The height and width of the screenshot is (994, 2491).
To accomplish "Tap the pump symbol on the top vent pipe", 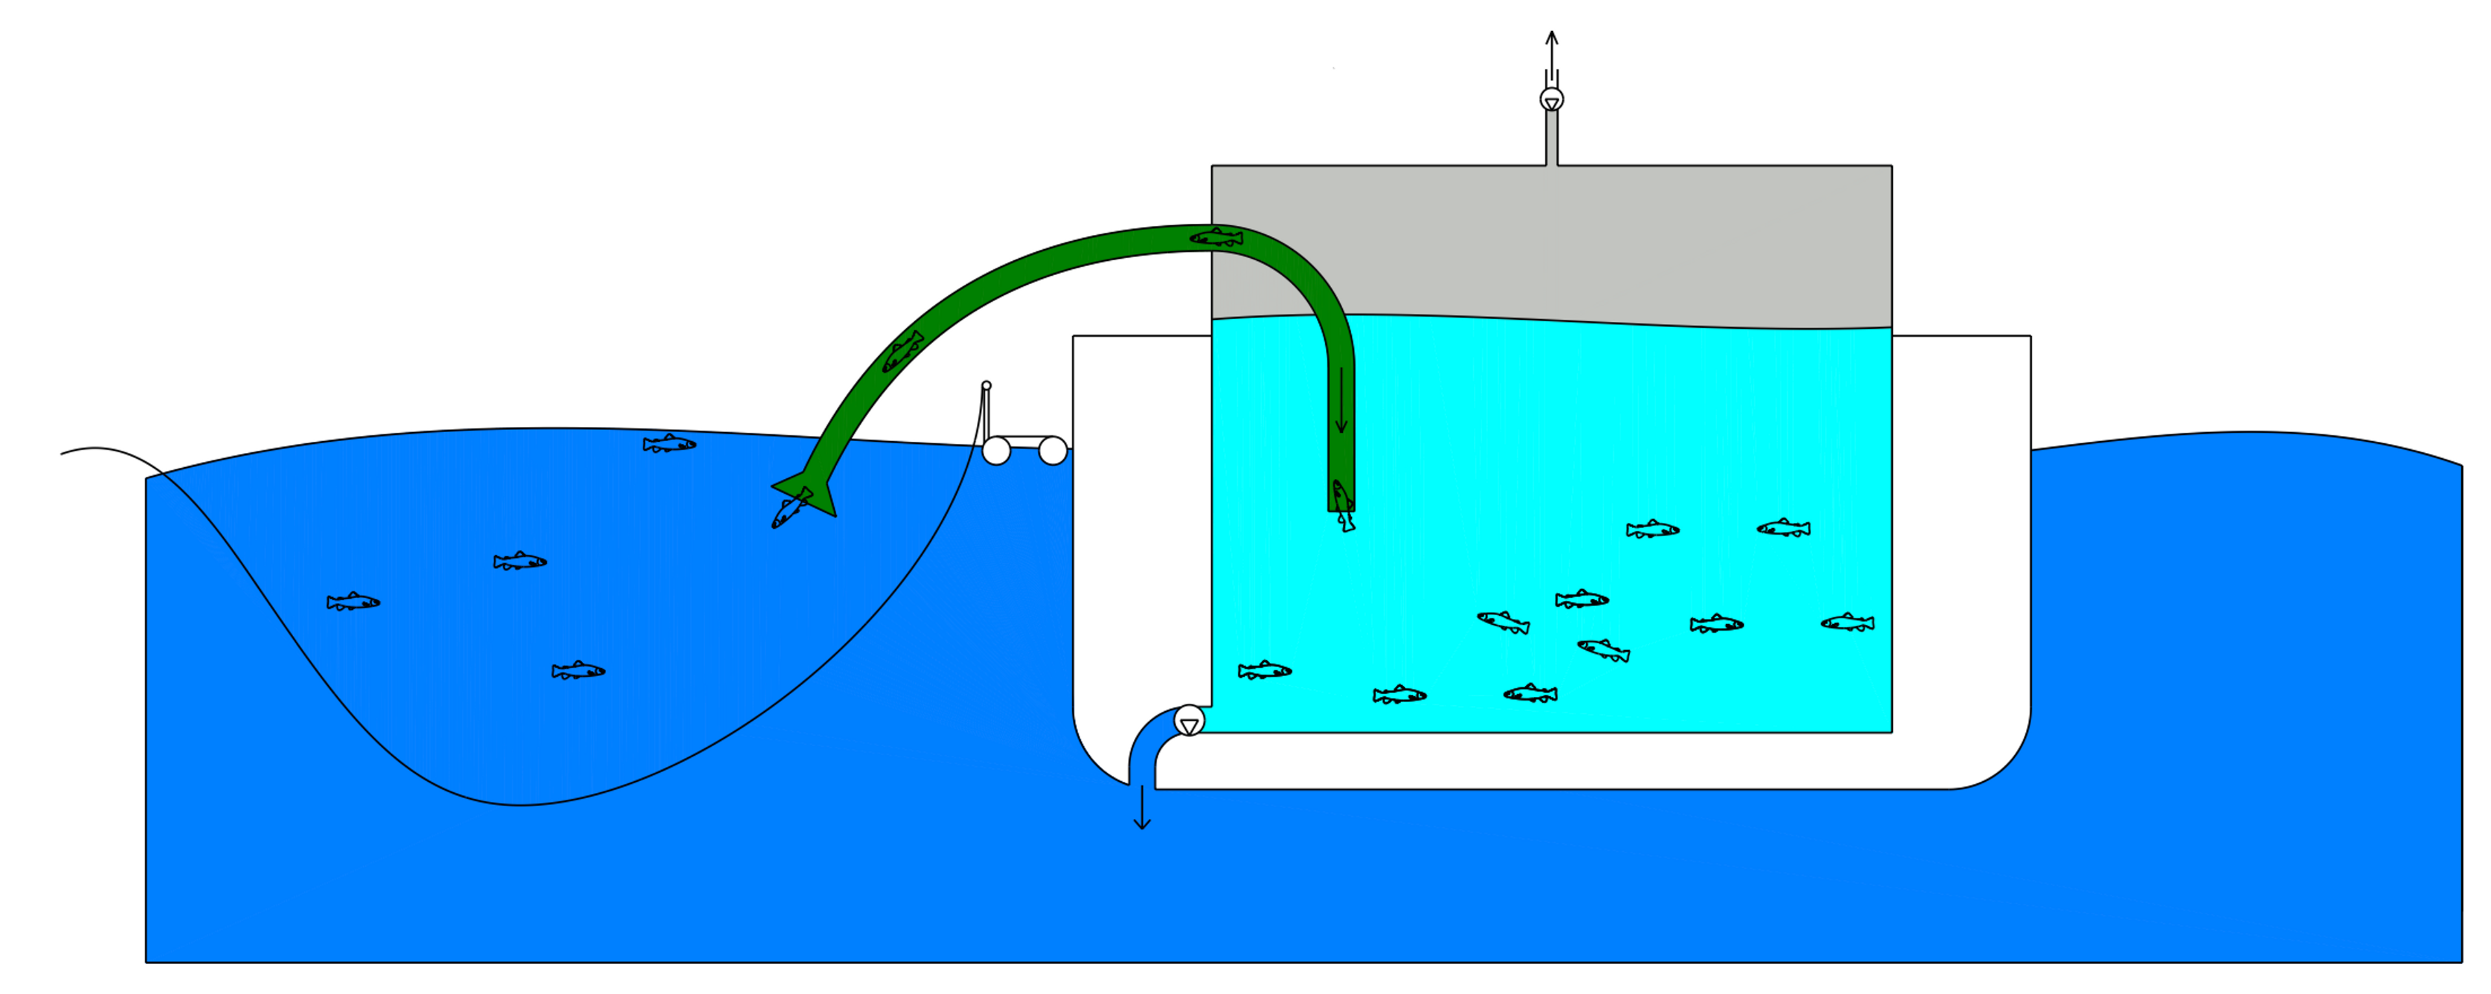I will [x=1551, y=99].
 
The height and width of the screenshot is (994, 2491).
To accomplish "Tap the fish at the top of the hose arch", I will [x=1216, y=237].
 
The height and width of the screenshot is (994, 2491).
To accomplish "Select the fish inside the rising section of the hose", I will [x=902, y=351].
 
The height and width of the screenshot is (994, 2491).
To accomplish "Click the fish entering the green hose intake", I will [x=791, y=507].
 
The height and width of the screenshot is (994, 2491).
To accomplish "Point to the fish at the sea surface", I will [x=669, y=444].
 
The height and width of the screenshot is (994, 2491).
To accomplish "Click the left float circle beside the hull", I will [x=996, y=450].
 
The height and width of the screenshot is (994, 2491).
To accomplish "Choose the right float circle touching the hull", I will [x=1052, y=450].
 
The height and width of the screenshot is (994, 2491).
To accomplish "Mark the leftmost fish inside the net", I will [x=353, y=602].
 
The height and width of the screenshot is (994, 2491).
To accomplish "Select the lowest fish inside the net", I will [x=578, y=671].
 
